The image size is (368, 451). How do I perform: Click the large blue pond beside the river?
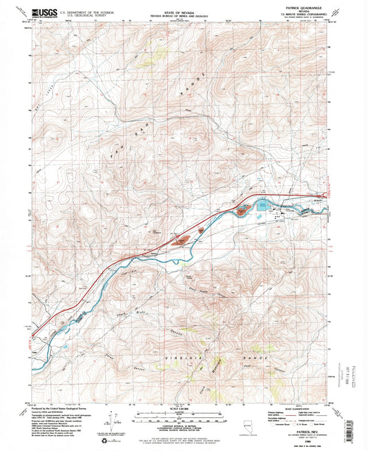tap(264, 204)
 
